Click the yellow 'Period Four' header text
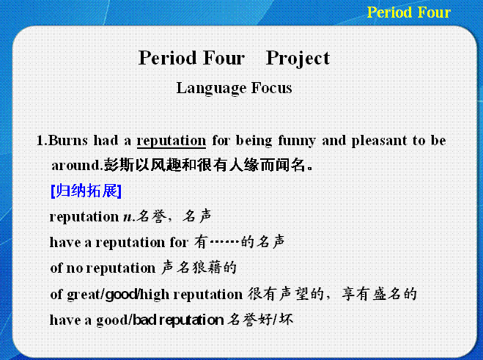(x=409, y=12)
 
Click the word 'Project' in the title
(x=298, y=58)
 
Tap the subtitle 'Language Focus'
(x=234, y=88)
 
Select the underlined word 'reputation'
(x=172, y=142)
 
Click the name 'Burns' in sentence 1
(x=68, y=141)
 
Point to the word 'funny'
(x=297, y=142)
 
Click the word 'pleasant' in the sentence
(x=379, y=142)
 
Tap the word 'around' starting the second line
(x=76, y=166)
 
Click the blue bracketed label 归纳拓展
(x=86, y=191)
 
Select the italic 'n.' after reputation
(x=130, y=217)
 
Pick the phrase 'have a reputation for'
(x=119, y=243)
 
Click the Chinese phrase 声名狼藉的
(x=199, y=268)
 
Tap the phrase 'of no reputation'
(x=103, y=268)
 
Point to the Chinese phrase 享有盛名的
(x=379, y=294)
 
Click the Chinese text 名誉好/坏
(x=260, y=320)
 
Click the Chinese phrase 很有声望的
(x=286, y=294)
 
